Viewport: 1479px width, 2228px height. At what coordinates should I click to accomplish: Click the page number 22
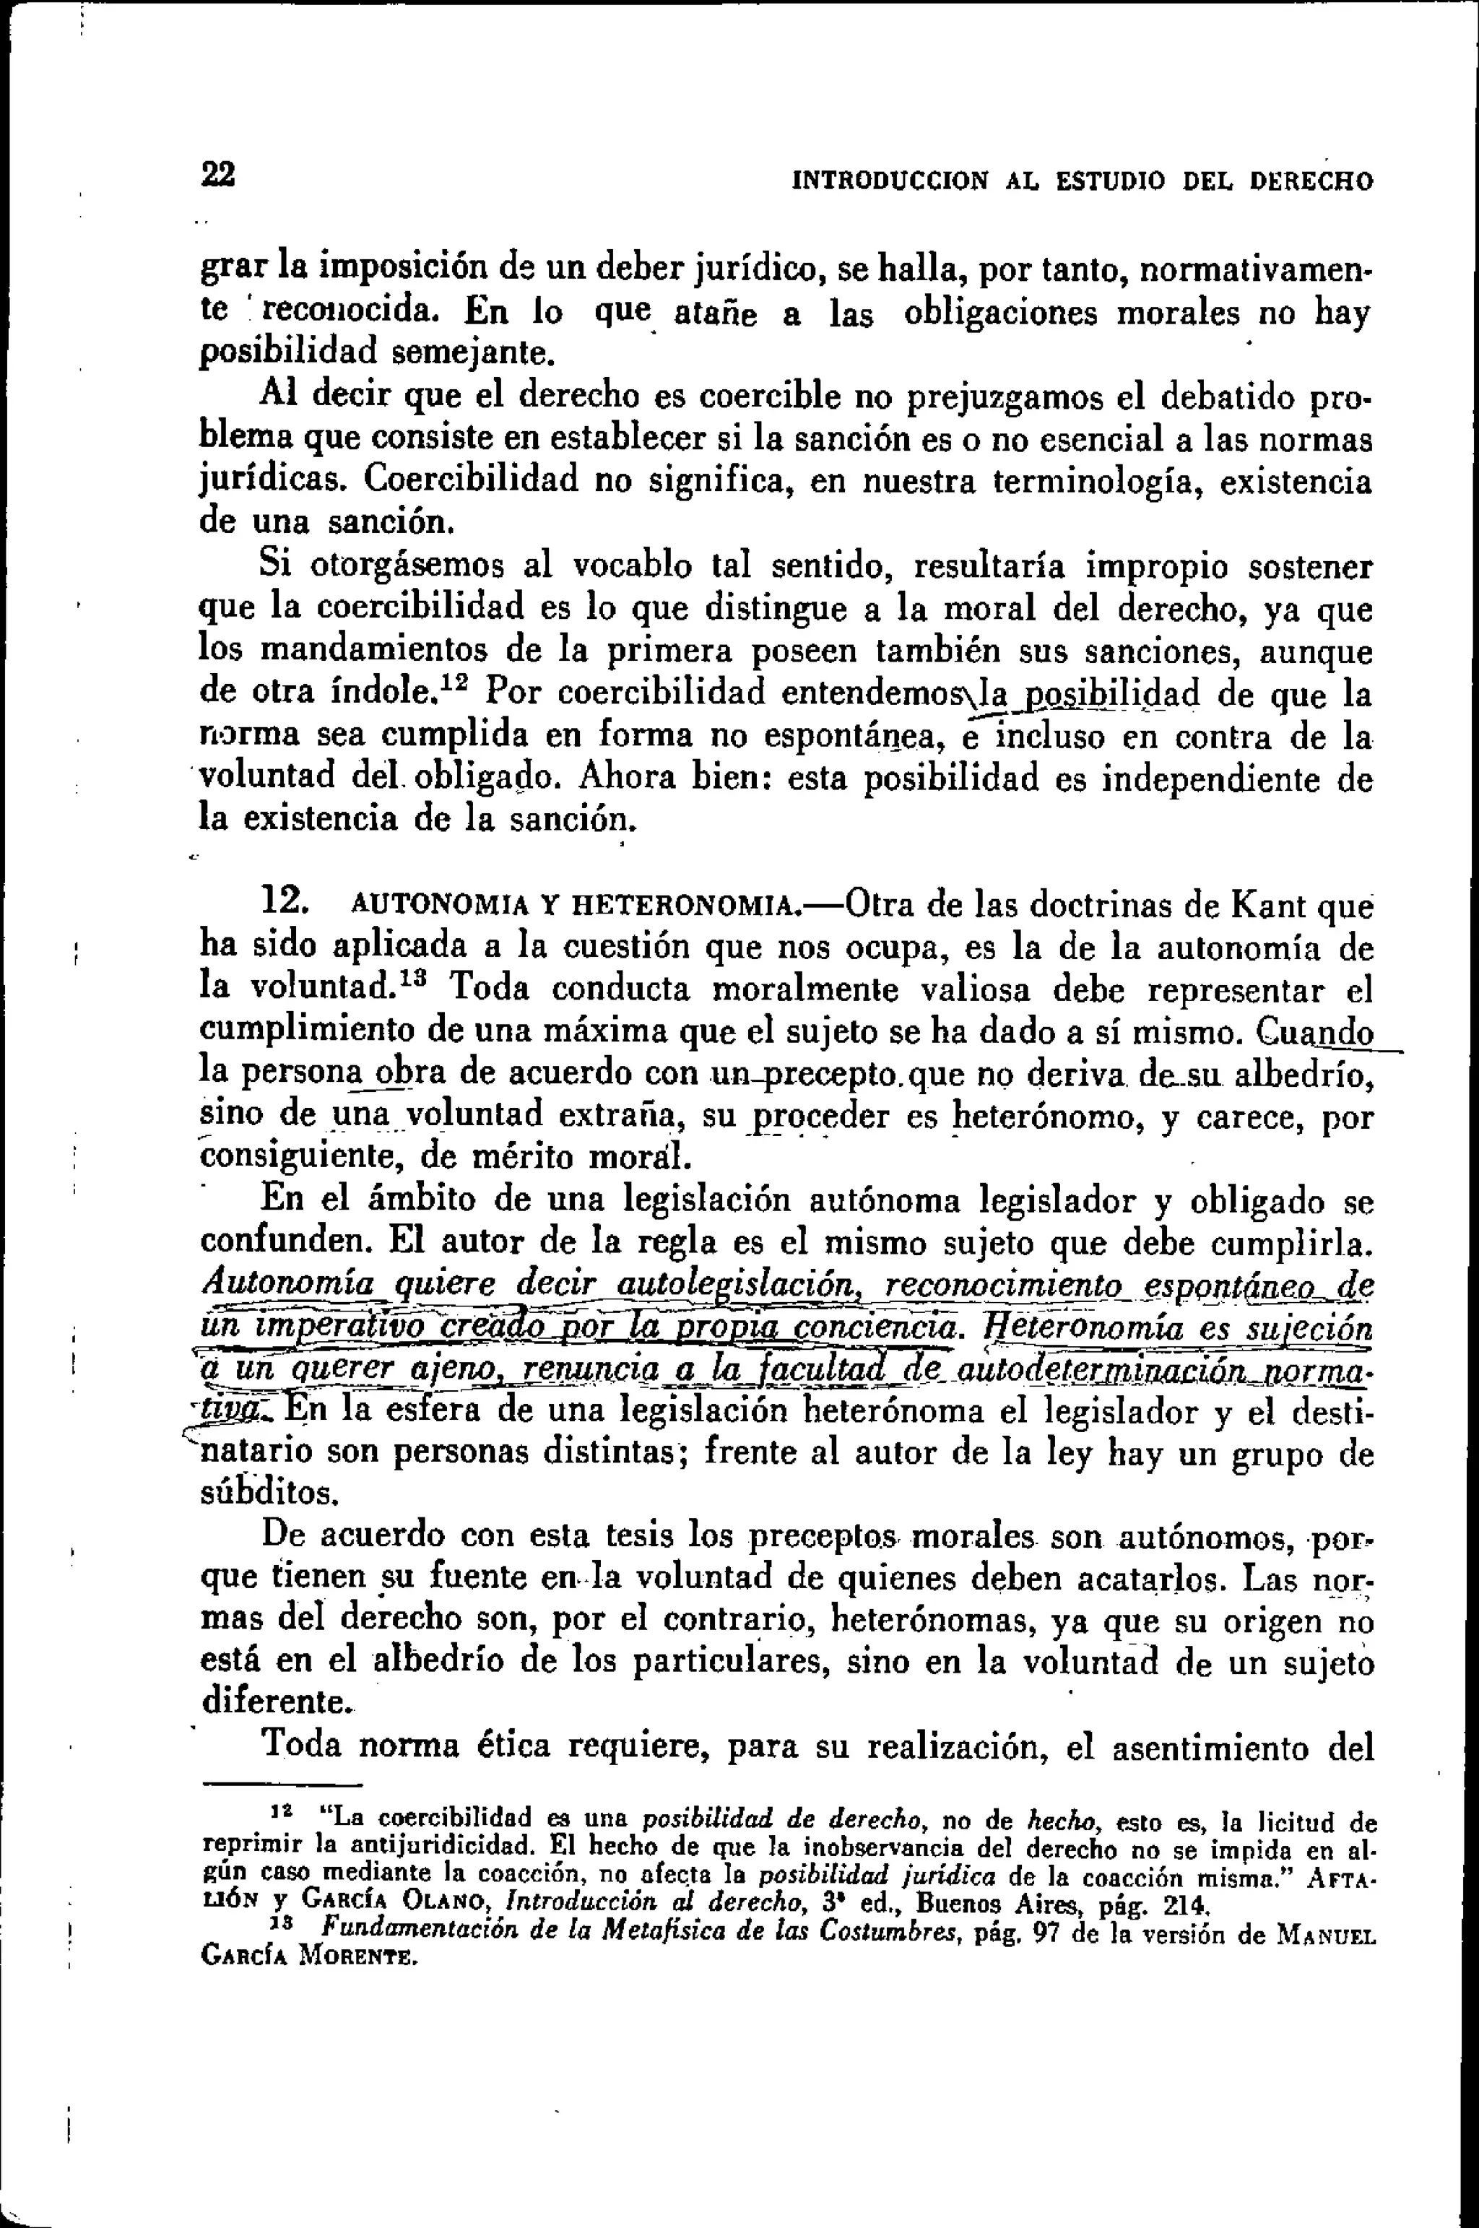(x=218, y=175)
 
